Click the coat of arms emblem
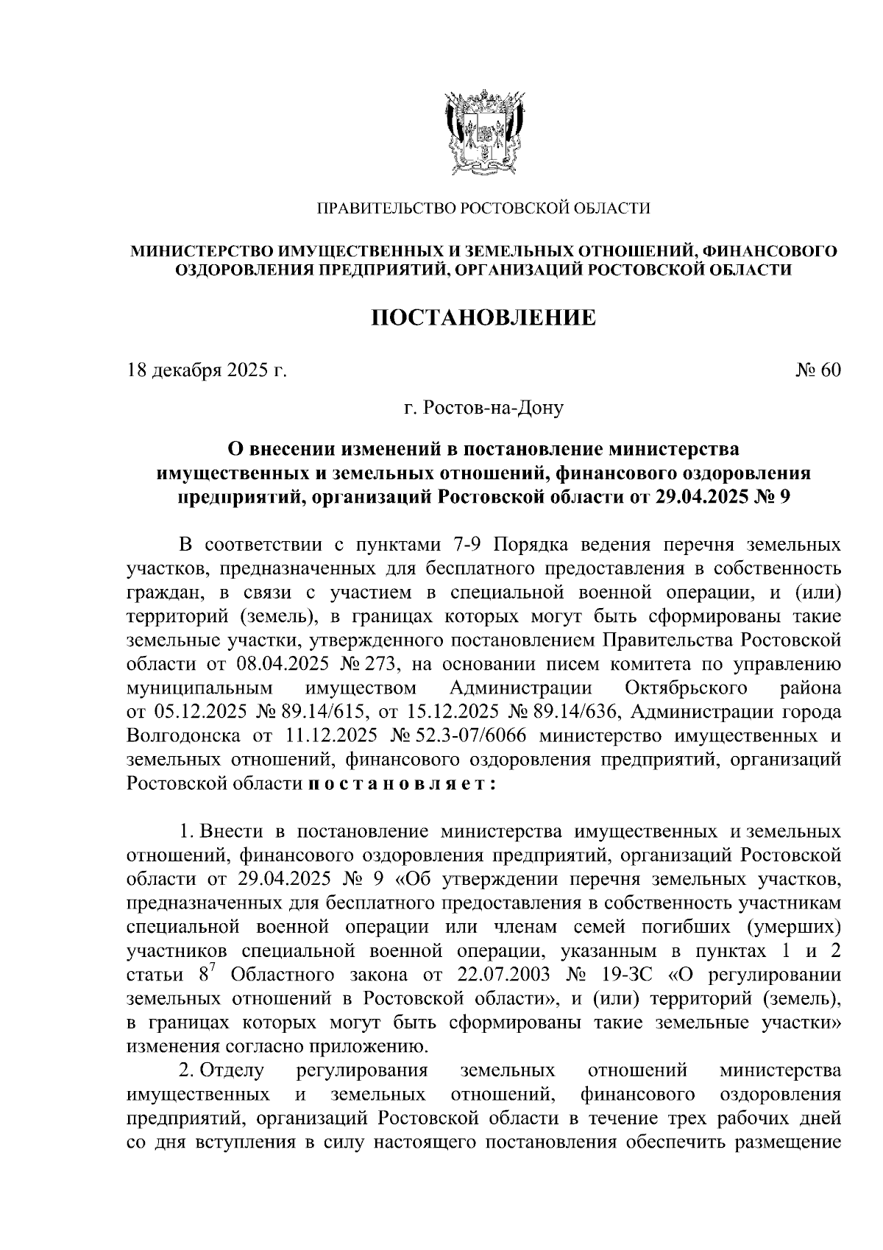[483, 132]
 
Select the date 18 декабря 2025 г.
[207, 370]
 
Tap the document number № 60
[818, 370]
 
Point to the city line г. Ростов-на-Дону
[483, 406]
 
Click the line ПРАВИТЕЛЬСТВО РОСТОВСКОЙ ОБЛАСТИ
[483, 209]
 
